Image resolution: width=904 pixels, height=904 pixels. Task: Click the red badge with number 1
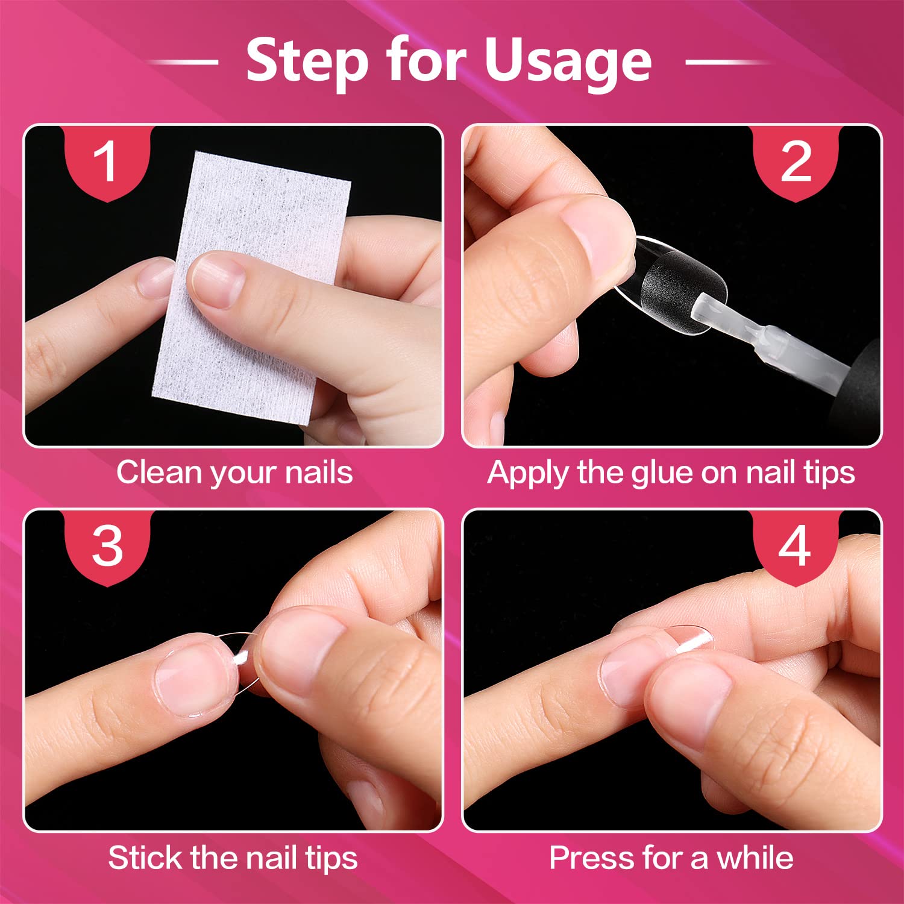click(107, 163)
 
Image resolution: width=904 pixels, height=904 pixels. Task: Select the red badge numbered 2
click(796, 163)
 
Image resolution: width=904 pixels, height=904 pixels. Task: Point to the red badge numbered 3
click(107, 548)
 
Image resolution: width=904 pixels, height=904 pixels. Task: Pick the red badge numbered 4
click(796, 548)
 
